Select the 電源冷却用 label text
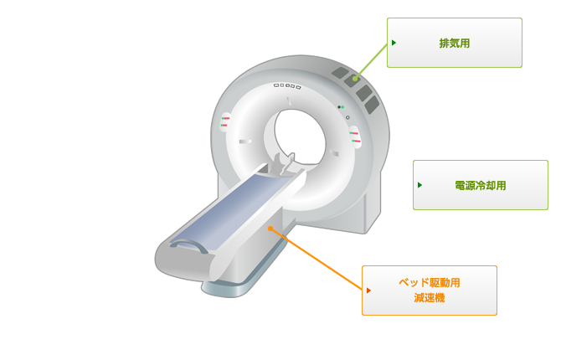click(x=481, y=185)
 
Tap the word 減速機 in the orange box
click(x=430, y=298)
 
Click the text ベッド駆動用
click(x=430, y=283)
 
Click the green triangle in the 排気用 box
click(x=394, y=43)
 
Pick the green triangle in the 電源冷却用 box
click(x=419, y=185)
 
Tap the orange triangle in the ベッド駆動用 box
click(x=368, y=291)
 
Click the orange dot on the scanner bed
click(x=270, y=229)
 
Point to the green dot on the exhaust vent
click(x=355, y=79)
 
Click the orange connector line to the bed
click(x=317, y=259)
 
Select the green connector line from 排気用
click(x=371, y=61)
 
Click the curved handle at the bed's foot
click(x=189, y=244)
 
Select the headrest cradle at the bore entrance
click(x=283, y=164)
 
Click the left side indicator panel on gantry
click(x=225, y=121)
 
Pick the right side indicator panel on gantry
click(x=355, y=137)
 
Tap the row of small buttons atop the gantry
click(x=287, y=86)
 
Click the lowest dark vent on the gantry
click(x=372, y=105)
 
